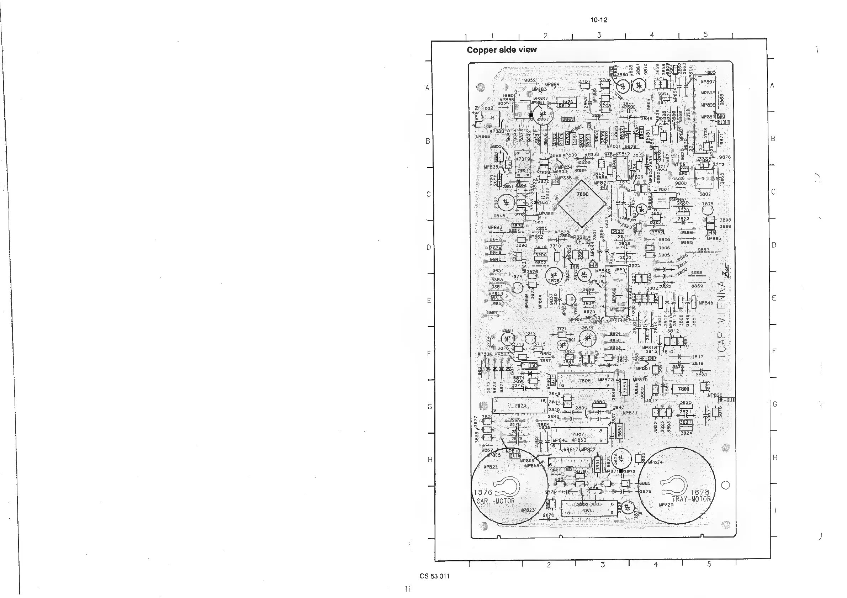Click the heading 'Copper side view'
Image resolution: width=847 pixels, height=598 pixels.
[x=501, y=50]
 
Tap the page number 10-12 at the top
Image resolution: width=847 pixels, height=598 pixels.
[x=598, y=20]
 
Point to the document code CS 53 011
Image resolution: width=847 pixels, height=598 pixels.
[x=435, y=576]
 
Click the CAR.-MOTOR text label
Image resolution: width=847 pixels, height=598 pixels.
[x=493, y=501]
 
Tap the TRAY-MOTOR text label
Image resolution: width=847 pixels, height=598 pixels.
[x=691, y=499]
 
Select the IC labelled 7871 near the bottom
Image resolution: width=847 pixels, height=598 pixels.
[x=588, y=510]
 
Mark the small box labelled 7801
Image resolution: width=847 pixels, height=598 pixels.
[x=683, y=389]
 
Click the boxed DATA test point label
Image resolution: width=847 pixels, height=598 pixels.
[x=515, y=456]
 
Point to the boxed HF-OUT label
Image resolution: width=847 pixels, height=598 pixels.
[x=726, y=399]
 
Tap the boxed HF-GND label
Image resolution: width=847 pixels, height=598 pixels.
[x=648, y=358]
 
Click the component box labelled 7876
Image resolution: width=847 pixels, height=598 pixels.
[x=567, y=102]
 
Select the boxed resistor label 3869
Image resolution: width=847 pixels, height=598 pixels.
[x=568, y=119]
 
